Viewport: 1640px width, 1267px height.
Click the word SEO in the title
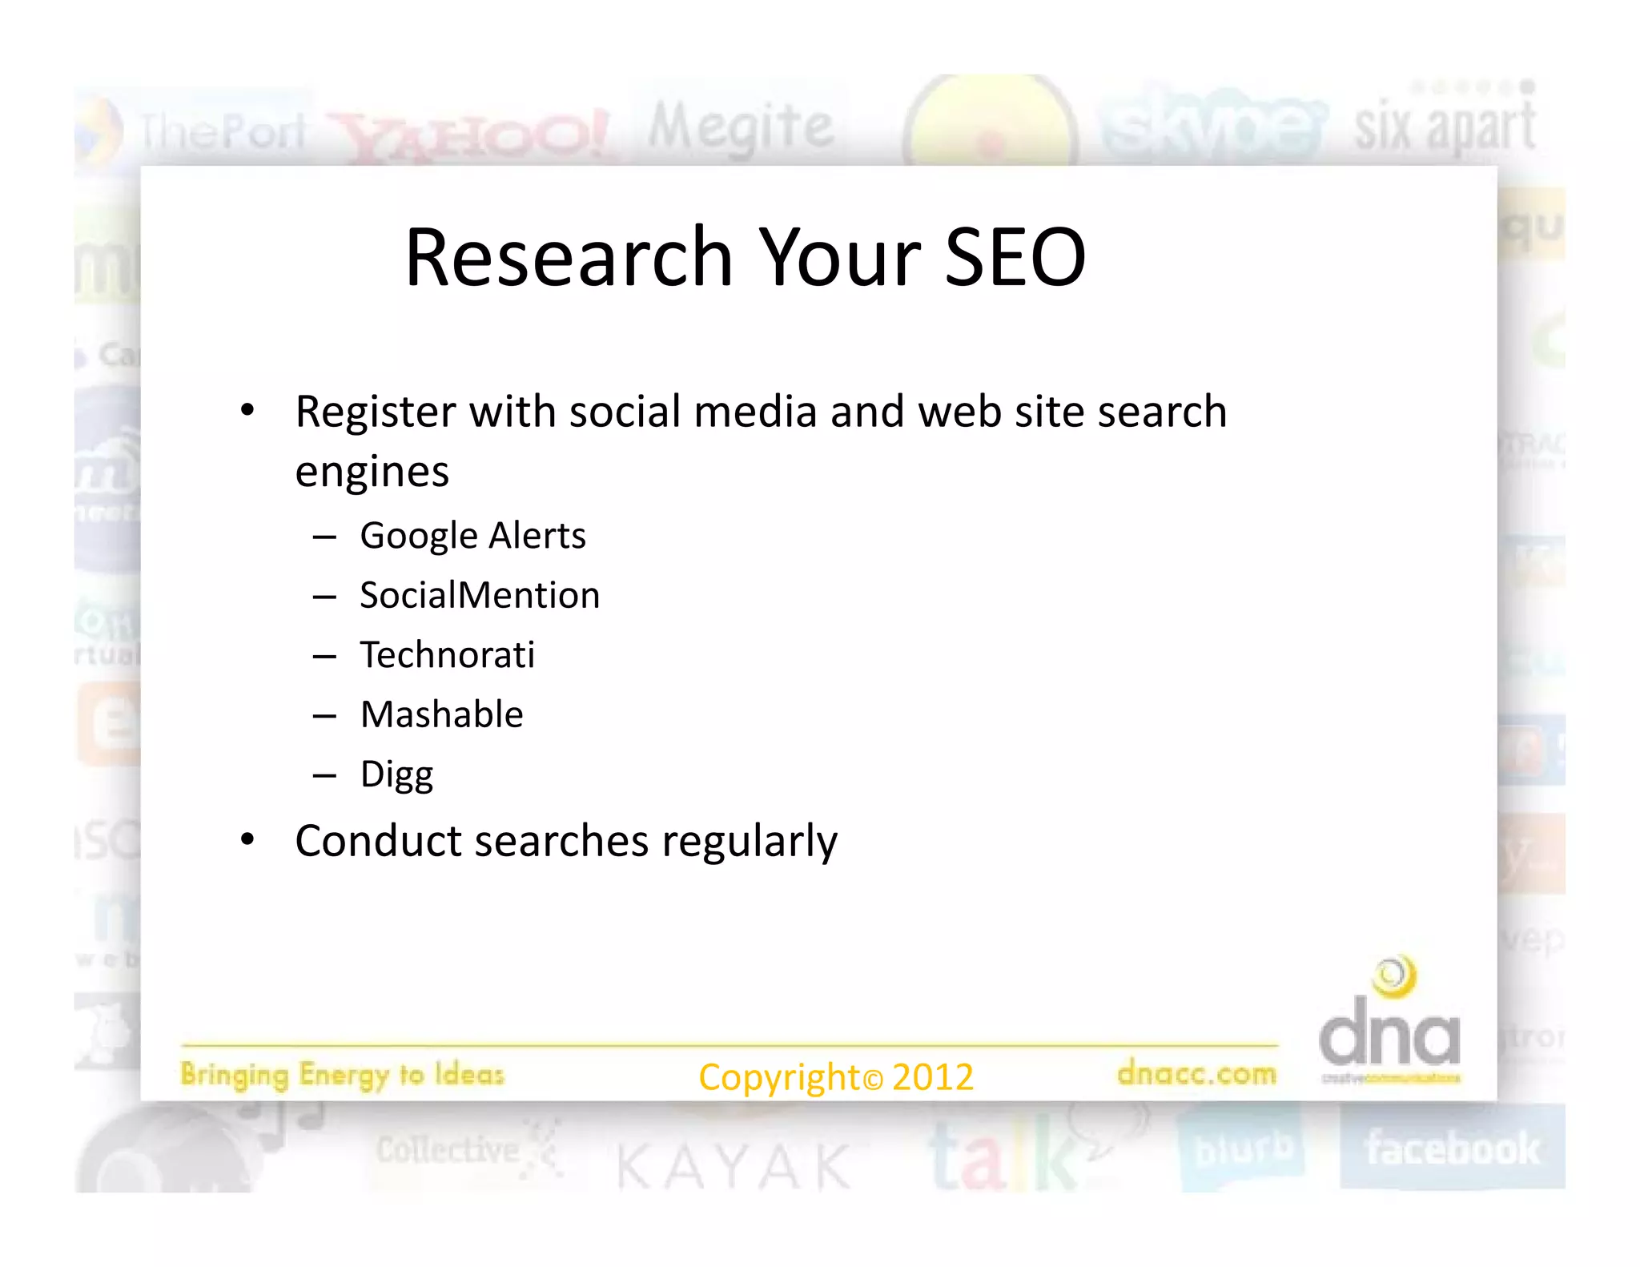(x=1015, y=257)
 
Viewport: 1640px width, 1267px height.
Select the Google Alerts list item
(x=472, y=535)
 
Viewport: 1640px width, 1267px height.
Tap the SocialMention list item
(x=480, y=595)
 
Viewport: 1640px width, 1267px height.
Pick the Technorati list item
(x=447, y=654)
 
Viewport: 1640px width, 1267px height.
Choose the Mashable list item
(x=441, y=714)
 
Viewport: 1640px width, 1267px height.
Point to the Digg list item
(x=396, y=774)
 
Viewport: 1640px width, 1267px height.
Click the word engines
(x=372, y=471)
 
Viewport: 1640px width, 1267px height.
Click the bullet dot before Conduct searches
(x=247, y=839)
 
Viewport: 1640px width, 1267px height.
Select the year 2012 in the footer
(x=932, y=1076)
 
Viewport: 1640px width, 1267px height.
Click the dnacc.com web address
(x=1196, y=1072)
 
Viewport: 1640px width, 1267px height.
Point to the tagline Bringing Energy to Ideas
(x=342, y=1074)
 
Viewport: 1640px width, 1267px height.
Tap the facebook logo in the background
(x=1452, y=1148)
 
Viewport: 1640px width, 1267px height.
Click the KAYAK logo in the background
(x=733, y=1166)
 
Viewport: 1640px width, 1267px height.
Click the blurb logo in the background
(x=1242, y=1149)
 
